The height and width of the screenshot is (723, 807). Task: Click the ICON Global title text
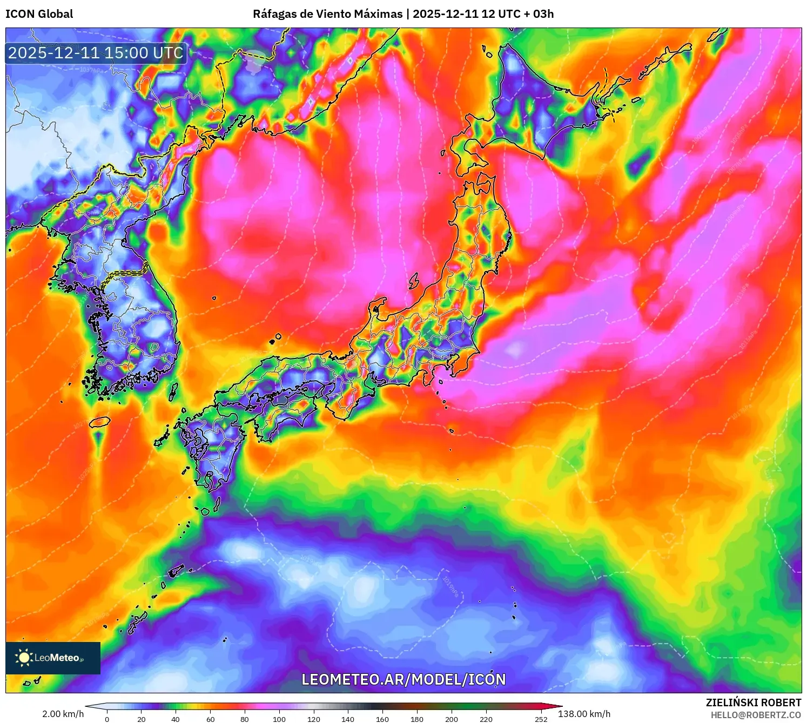(x=39, y=14)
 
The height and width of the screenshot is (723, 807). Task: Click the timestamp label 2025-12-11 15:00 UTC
(x=96, y=53)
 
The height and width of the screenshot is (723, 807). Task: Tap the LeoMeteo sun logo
(x=24, y=657)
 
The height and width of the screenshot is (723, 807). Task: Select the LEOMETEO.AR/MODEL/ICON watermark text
(x=404, y=679)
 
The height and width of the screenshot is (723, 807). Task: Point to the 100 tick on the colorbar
(x=279, y=719)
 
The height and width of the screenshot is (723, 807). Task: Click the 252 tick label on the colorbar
(x=541, y=719)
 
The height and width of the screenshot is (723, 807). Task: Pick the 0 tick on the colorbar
(x=107, y=719)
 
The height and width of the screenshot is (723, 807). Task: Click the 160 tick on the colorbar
(x=382, y=719)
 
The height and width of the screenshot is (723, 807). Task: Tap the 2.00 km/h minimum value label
(x=63, y=714)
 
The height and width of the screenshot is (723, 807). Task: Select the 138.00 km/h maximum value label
(x=584, y=714)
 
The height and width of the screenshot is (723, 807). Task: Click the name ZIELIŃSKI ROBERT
(x=754, y=702)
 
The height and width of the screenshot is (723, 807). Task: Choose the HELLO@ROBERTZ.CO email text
(x=756, y=715)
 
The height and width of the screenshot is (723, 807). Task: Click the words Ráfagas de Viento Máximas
(x=327, y=14)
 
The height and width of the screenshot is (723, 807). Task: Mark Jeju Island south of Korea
(x=99, y=422)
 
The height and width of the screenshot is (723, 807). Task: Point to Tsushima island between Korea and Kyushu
(x=173, y=392)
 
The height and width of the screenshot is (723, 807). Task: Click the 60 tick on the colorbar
(x=211, y=719)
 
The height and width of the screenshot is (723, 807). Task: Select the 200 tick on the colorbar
(x=452, y=719)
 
